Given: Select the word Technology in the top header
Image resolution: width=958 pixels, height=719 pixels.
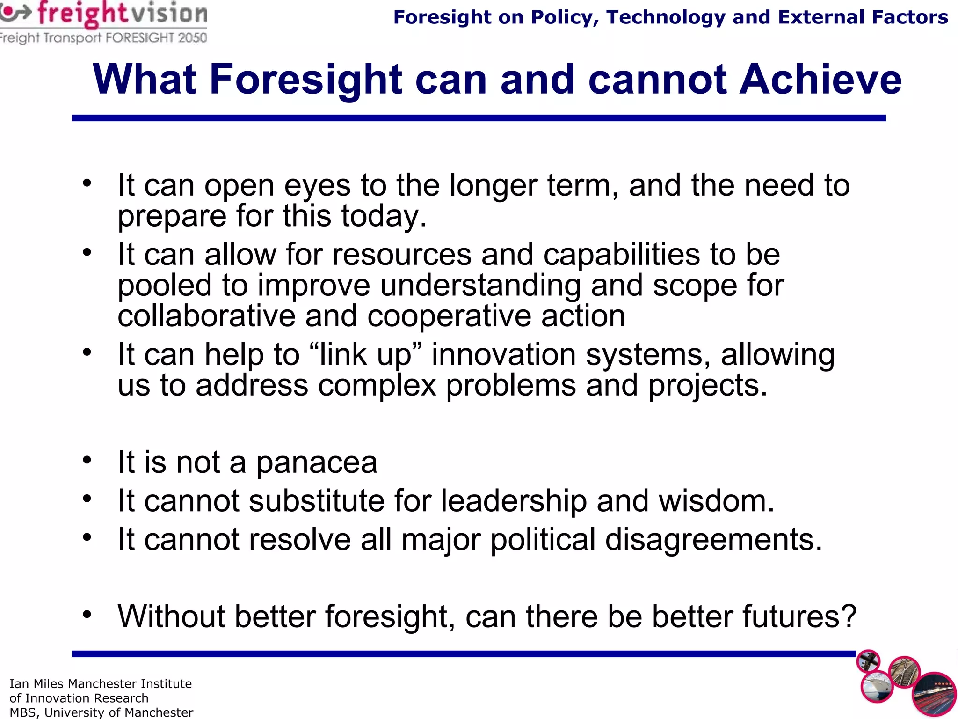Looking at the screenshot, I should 665,17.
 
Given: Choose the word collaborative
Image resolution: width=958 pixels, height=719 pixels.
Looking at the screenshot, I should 206,316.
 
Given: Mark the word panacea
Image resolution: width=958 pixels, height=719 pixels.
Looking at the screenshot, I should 317,463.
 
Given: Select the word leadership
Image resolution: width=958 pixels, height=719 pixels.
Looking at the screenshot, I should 514,501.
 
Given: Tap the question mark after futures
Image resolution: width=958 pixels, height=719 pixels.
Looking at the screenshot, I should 848,616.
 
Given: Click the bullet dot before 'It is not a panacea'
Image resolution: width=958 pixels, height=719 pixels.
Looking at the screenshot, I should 87,460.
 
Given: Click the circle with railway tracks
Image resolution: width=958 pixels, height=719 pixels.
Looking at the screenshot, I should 904,672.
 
